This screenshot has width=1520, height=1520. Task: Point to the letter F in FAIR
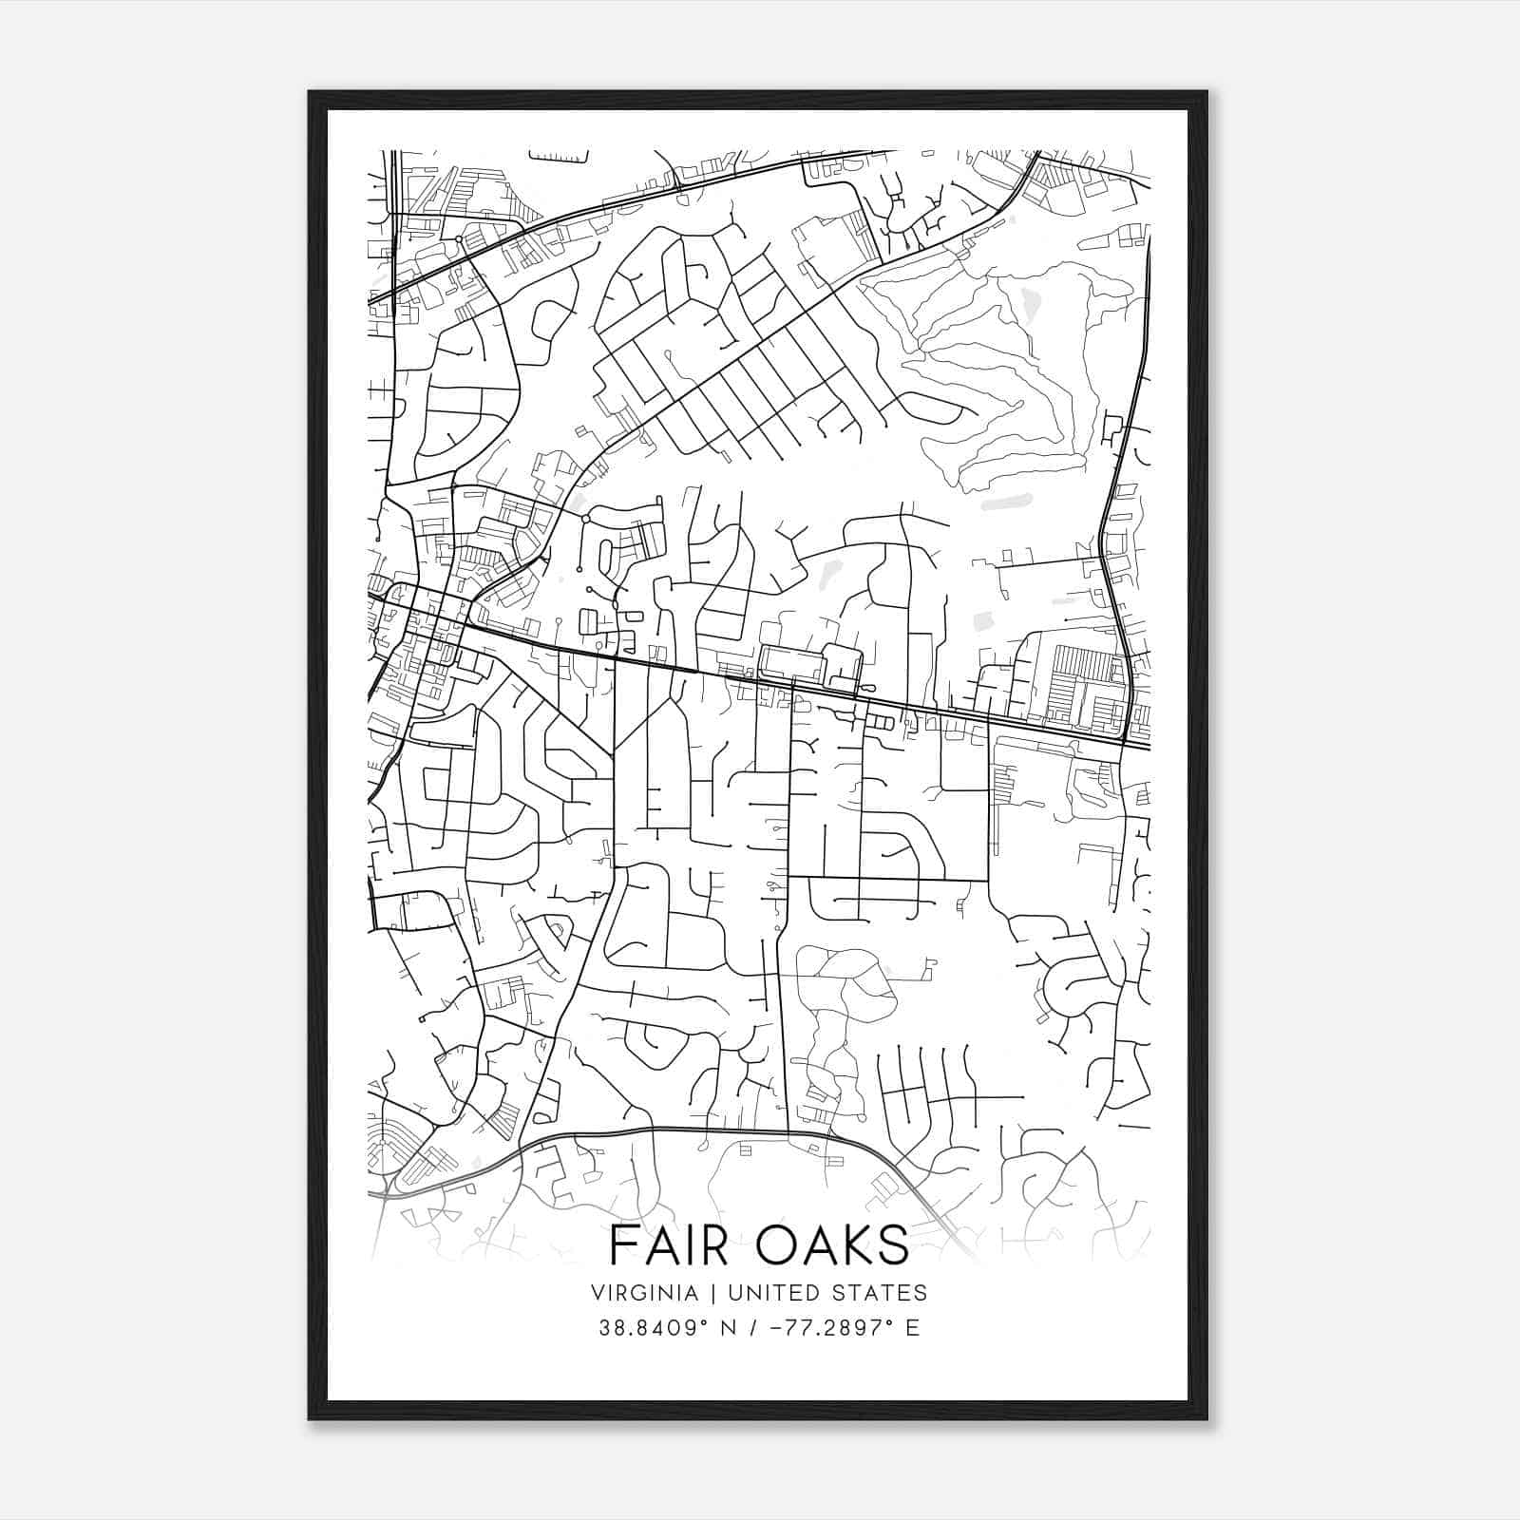(622, 1245)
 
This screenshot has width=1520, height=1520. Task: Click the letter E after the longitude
(912, 1328)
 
